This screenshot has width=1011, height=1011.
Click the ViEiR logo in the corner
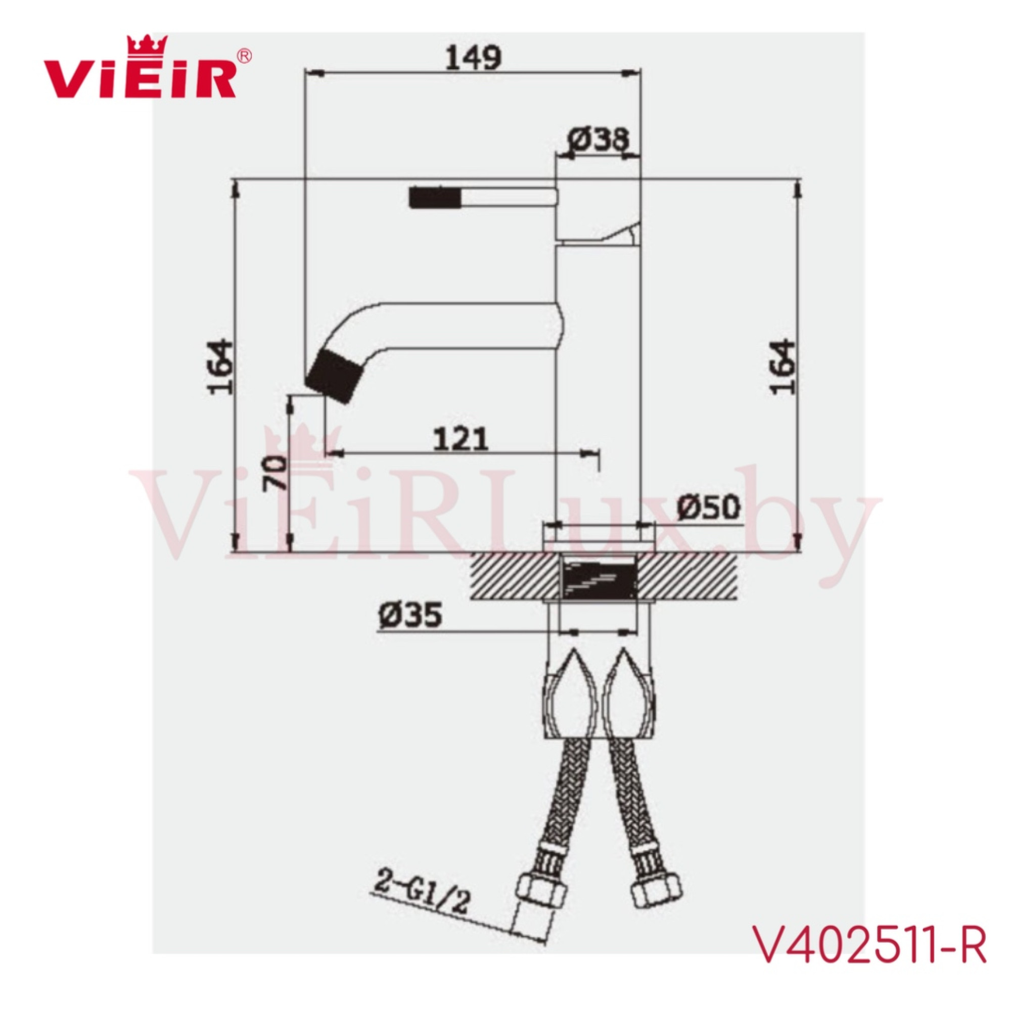[140, 73]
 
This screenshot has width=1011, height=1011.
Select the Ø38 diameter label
[598, 140]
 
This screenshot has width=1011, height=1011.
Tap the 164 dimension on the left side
[220, 368]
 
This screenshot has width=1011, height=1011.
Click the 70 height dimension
[276, 472]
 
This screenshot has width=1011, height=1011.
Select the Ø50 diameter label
[709, 507]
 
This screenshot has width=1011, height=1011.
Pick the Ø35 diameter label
[410, 615]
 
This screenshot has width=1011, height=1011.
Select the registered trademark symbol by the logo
[244, 56]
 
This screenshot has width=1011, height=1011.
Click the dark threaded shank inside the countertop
[599, 579]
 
